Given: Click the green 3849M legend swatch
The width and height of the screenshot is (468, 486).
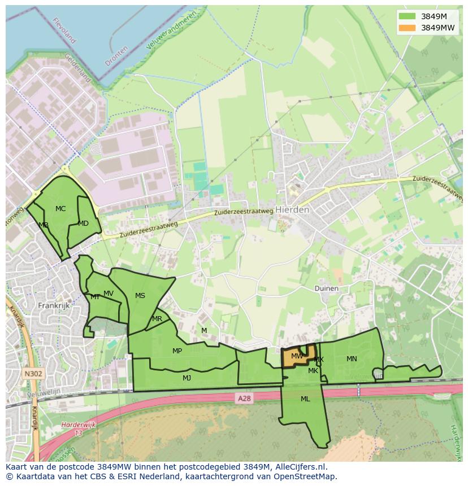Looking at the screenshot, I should pyautogui.click(x=406, y=16).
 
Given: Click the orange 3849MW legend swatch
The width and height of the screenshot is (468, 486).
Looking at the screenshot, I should pyautogui.click(x=406, y=28).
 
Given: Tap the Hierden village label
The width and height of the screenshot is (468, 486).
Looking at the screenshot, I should pyautogui.click(x=292, y=209).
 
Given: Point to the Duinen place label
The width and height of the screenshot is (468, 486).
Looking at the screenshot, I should pyautogui.click(x=326, y=288).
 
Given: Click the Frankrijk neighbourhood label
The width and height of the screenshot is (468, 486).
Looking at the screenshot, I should pyautogui.click(x=53, y=305).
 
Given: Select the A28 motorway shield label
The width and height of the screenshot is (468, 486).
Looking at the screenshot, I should pyautogui.click(x=244, y=399).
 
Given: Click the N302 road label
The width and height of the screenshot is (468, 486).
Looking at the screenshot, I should pyautogui.click(x=33, y=373).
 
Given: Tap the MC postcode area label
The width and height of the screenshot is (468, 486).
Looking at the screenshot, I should pyautogui.click(x=60, y=209).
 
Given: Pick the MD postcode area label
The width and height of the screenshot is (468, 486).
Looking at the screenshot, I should pyautogui.click(x=83, y=224).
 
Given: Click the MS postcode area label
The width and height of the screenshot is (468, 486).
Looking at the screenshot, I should pyautogui.click(x=140, y=296).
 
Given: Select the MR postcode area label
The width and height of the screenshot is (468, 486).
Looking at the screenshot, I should pyautogui.click(x=157, y=319).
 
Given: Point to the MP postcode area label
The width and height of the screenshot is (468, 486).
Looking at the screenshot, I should pyautogui.click(x=177, y=351).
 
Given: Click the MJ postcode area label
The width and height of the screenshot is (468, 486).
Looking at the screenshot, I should pyautogui.click(x=187, y=378).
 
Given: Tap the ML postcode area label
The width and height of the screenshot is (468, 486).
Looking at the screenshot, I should pyautogui.click(x=305, y=399).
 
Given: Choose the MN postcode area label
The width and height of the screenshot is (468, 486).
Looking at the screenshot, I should pyautogui.click(x=352, y=359).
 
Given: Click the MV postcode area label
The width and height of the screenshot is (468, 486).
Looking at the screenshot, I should pyautogui.click(x=109, y=294).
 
